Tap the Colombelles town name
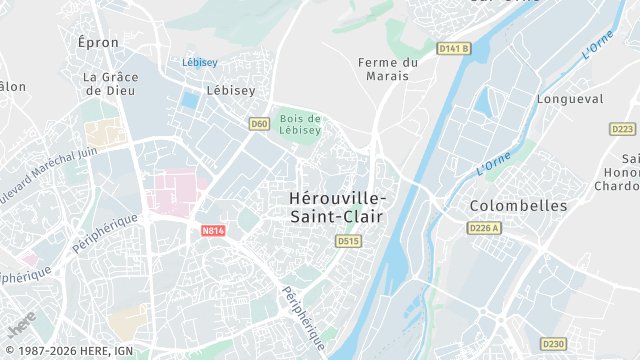click(x=518, y=206)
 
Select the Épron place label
click(x=98, y=42)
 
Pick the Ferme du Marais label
click(x=389, y=69)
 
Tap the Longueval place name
click(x=570, y=99)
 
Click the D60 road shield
click(x=259, y=124)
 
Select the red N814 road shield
click(x=211, y=230)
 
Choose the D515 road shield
click(x=348, y=241)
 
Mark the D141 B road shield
click(x=453, y=48)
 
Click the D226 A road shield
click(x=483, y=228)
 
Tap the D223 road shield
click(x=622, y=129)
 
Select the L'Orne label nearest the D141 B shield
click(x=597, y=46)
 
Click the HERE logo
click(x=19, y=326)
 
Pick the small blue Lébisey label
click(x=200, y=62)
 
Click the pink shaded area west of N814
click(x=175, y=190)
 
